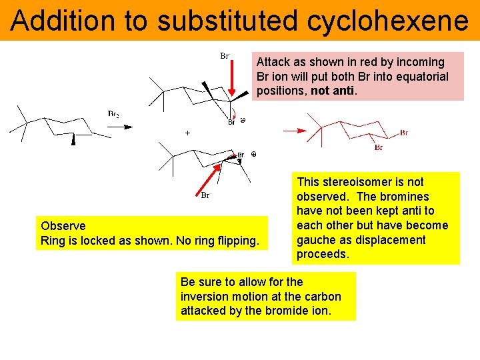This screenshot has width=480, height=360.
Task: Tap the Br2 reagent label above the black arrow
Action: [x=114, y=114]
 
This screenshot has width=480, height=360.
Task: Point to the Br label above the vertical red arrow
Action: [x=225, y=56]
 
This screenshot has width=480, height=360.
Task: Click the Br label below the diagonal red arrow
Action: [x=205, y=196]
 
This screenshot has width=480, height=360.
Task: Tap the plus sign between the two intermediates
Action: [x=187, y=133]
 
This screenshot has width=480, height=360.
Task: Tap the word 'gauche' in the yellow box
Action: [x=317, y=240]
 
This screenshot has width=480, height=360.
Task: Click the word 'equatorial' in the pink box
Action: [x=424, y=77]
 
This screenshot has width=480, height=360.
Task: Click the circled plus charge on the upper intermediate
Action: [x=243, y=121]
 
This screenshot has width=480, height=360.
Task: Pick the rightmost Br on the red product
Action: [x=404, y=133]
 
